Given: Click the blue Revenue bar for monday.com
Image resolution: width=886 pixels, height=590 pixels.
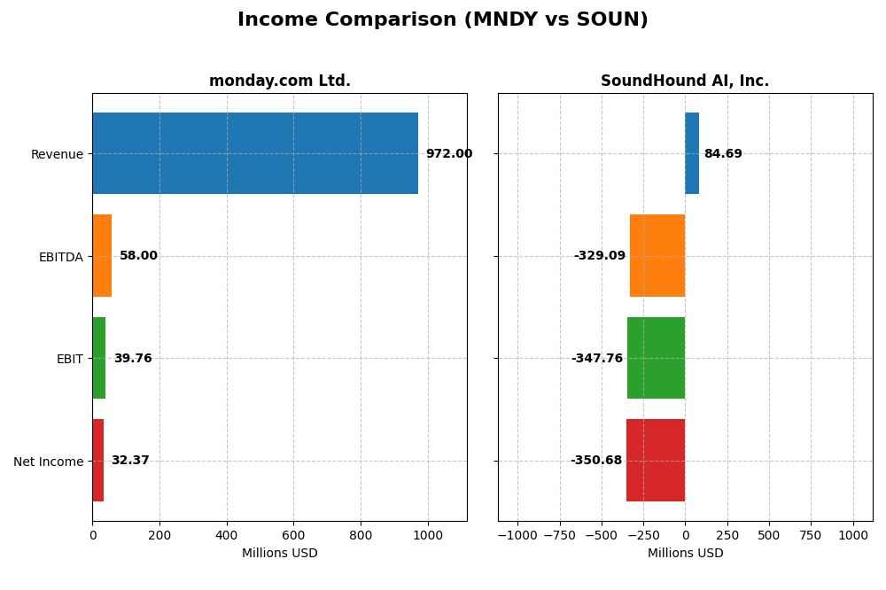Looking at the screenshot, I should click(255, 153).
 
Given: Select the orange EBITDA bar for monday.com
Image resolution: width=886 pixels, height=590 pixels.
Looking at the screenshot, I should click(102, 255).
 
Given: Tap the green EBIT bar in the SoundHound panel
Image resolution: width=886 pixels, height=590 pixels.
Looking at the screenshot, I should click(656, 358).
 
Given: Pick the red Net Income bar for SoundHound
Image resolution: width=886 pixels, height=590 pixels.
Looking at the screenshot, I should click(656, 460).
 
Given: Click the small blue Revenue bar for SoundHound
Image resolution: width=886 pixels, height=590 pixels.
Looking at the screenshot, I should click(692, 153).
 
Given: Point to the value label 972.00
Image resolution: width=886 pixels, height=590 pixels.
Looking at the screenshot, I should click(448, 154).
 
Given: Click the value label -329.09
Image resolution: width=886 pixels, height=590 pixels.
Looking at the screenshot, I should click(599, 256).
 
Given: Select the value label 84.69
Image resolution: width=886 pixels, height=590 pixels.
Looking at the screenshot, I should click(723, 154).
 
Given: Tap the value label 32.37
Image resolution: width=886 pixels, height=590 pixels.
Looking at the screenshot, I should click(130, 461).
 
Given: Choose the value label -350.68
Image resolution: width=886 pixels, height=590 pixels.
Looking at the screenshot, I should click(596, 461).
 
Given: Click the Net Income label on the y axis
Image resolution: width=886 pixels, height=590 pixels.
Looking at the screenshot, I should click(48, 462).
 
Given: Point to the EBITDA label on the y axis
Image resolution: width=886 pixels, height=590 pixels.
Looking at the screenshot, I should click(60, 257).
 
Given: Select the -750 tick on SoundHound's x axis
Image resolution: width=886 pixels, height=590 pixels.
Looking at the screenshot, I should click(559, 535).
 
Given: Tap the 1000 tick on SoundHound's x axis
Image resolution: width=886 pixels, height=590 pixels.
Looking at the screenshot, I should click(853, 535).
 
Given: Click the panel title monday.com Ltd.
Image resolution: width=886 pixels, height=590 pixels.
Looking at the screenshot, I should click(280, 82).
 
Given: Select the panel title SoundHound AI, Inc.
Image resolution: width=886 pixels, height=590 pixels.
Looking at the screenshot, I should click(685, 82).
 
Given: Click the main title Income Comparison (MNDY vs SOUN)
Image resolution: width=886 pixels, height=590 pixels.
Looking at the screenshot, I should click(443, 19).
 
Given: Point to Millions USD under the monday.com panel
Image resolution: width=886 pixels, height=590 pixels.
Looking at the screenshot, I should click(280, 554).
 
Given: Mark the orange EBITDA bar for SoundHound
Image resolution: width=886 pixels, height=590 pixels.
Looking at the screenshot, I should click(657, 255).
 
